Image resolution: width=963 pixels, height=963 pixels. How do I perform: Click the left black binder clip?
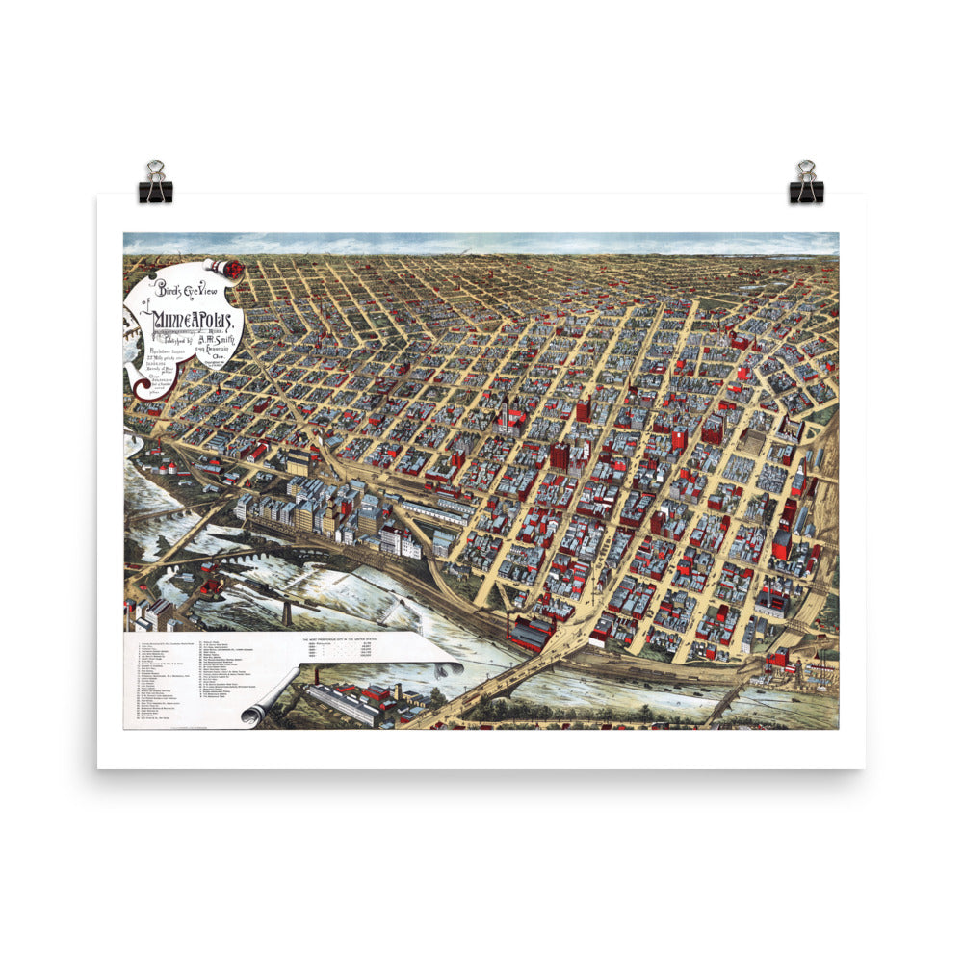pyautogui.click(x=155, y=183)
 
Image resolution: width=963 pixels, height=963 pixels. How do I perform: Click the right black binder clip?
pyautogui.click(x=806, y=183)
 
